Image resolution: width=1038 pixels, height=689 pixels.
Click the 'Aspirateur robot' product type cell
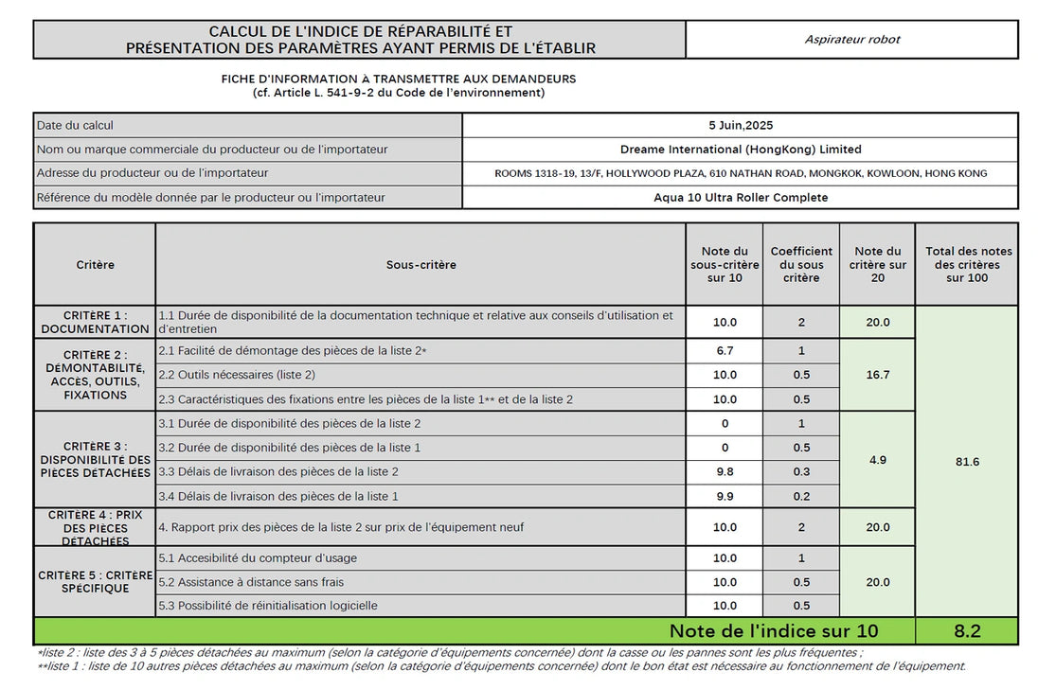pyautogui.click(x=851, y=40)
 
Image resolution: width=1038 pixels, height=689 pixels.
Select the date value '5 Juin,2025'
pyautogui.click(x=740, y=125)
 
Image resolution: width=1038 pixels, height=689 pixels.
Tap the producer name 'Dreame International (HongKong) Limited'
pyautogui.click(x=740, y=150)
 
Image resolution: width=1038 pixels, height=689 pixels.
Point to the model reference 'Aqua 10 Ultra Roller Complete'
pyautogui.click(x=740, y=198)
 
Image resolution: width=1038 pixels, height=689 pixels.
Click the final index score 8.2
pyautogui.click(x=966, y=631)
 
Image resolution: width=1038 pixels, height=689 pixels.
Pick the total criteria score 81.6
pyautogui.click(x=966, y=462)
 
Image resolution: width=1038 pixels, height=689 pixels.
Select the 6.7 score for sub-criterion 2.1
pyautogui.click(x=725, y=351)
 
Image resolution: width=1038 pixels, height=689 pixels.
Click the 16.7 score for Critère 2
pyautogui.click(x=877, y=375)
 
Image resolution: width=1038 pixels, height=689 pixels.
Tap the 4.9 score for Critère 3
pyautogui.click(x=877, y=460)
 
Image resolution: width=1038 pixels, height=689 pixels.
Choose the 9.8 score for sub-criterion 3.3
pyautogui.click(x=725, y=471)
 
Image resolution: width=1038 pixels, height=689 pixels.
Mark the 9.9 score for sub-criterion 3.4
pyautogui.click(x=725, y=496)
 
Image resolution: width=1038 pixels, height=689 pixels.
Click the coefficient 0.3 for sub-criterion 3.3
pyautogui.click(x=801, y=471)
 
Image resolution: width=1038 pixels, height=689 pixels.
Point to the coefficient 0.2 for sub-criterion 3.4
pyautogui.click(x=801, y=496)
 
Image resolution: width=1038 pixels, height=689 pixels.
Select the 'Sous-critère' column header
pyautogui.click(x=421, y=265)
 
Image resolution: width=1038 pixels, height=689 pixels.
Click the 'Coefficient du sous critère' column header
pyautogui.click(x=801, y=265)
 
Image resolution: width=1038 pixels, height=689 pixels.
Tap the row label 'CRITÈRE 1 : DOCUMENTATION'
pyautogui.click(x=95, y=323)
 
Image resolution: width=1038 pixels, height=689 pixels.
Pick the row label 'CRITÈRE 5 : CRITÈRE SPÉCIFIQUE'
pyautogui.click(x=95, y=582)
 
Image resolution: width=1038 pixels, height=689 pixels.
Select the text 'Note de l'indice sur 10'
pyautogui.click(x=773, y=631)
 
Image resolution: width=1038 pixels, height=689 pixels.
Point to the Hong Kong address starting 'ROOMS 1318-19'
pyautogui.click(x=740, y=174)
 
